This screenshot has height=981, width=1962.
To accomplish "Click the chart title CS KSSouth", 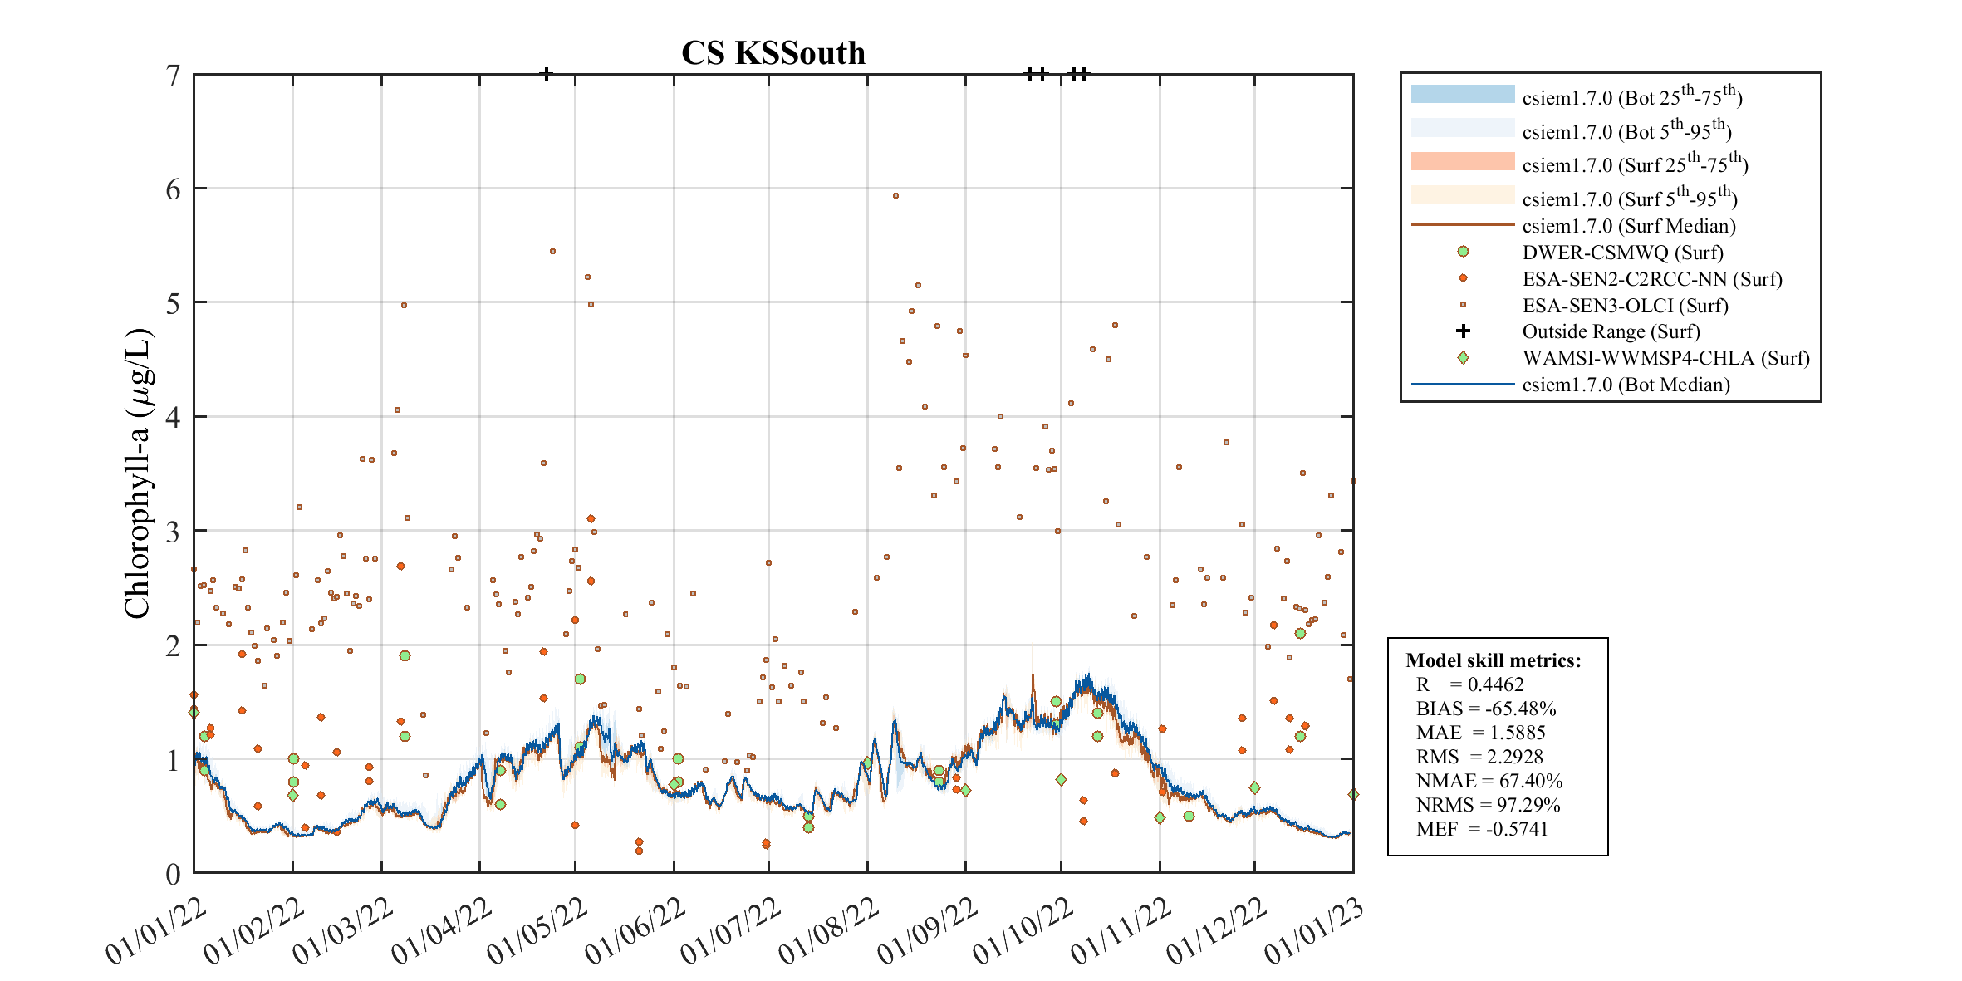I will (x=773, y=53).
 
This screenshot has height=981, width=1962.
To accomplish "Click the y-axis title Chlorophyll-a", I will (x=138, y=473).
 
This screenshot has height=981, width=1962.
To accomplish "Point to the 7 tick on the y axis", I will (x=173, y=76).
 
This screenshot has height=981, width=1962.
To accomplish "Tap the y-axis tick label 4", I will (x=173, y=417).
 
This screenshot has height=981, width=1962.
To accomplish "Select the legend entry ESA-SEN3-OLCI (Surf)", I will (x=1625, y=306).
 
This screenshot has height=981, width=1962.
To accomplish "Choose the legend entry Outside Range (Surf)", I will (x=1611, y=331).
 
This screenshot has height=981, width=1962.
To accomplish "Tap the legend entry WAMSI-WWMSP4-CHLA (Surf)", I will (x=1665, y=358).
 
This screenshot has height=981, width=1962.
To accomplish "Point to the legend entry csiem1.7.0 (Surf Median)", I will (x=1628, y=226).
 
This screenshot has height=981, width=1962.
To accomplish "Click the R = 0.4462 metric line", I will (x=1469, y=684).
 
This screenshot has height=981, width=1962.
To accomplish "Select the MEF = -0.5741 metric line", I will (x=1481, y=829).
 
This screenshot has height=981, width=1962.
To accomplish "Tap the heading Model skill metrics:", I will (x=1493, y=660).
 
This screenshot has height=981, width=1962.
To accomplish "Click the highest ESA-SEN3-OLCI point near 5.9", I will (x=895, y=196).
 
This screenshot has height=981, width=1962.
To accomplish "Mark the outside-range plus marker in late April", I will (x=546, y=74).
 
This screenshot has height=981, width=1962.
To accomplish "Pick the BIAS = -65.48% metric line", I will (x=1485, y=709).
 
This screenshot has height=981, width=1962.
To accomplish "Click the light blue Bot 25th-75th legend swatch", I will (x=1462, y=94).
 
